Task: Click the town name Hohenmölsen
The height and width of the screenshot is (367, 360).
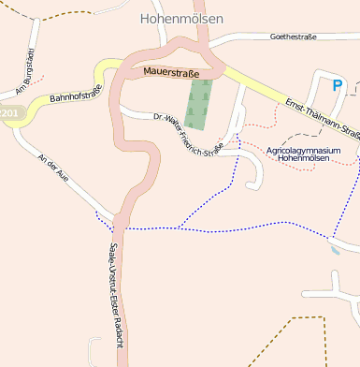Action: [181, 18]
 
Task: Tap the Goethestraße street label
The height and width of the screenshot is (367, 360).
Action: [293, 37]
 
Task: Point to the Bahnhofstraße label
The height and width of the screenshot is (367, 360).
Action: [74, 95]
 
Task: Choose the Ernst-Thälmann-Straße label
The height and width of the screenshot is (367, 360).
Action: [323, 117]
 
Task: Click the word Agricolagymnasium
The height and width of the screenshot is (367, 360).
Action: [302, 150]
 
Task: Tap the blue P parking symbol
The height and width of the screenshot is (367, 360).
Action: [338, 85]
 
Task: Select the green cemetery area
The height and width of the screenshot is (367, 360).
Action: [199, 104]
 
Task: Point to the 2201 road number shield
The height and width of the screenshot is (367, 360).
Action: [9, 113]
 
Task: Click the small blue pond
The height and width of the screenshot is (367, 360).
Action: [336, 250]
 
